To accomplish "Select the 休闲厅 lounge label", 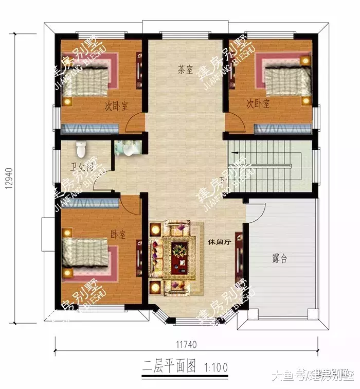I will tap(219, 241).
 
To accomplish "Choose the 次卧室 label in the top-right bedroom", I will tap(258, 104).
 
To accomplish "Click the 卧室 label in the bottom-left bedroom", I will tap(118, 235).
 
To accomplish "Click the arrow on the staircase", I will tap(234, 153).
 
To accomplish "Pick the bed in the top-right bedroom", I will tap(285, 80).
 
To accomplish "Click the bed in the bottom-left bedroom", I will tap(87, 254).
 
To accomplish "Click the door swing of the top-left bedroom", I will tap(135, 123).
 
